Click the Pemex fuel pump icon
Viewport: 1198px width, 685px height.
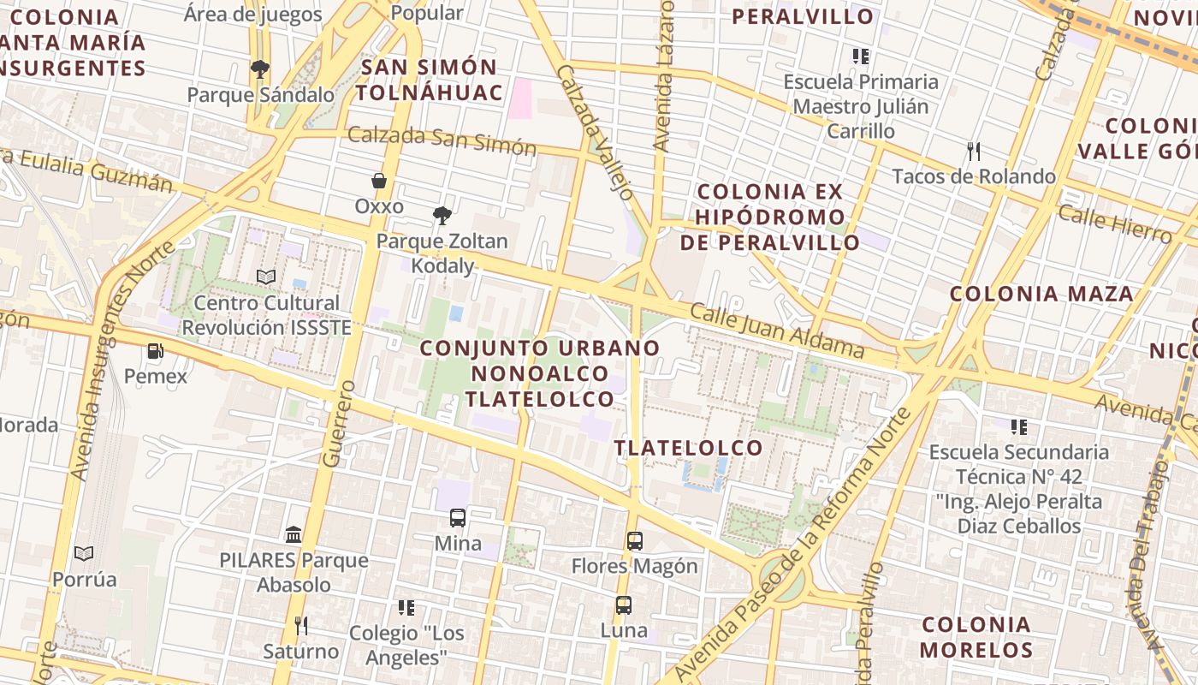pyautogui.click(x=155, y=350)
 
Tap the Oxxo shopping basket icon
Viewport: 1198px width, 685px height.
pyautogui.click(x=379, y=181)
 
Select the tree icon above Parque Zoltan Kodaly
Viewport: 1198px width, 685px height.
pyautogui.click(x=442, y=215)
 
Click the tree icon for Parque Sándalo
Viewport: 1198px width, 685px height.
pyautogui.click(x=259, y=68)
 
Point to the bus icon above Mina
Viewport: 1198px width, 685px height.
pyautogui.click(x=458, y=517)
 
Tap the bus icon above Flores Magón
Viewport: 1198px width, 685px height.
pyautogui.click(x=634, y=540)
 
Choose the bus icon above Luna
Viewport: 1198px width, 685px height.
pyautogui.click(x=624, y=605)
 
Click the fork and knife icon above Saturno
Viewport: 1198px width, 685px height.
pyautogui.click(x=300, y=625)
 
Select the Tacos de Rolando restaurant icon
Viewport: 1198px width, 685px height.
pyautogui.click(x=973, y=152)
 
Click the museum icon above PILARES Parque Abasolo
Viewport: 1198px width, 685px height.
pyautogui.click(x=294, y=534)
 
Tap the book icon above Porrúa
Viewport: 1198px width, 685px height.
pyautogui.click(x=83, y=553)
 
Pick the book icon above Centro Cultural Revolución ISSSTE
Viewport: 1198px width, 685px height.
pyautogui.click(x=266, y=277)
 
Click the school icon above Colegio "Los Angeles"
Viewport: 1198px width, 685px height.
pyautogui.click(x=406, y=608)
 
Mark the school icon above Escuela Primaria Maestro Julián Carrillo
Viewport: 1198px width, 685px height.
pyautogui.click(x=860, y=57)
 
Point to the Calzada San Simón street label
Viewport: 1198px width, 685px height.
pyautogui.click(x=442, y=140)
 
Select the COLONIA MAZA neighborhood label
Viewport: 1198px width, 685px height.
pyautogui.click(x=1041, y=294)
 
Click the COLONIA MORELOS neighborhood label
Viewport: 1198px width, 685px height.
pyautogui.click(x=976, y=636)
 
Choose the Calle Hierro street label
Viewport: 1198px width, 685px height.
pyautogui.click(x=1114, y=224)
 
